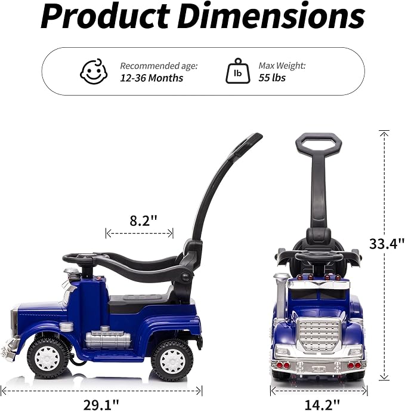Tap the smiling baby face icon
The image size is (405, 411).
click(94, 71)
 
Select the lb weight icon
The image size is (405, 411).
click(238, 71)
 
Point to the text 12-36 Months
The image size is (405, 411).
click(152, 78)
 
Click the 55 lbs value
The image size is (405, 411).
click(272, 78)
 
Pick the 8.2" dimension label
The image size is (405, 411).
click(143, 220)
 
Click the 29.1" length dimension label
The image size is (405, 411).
click(101, 404)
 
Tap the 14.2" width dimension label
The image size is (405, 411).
click(322, 405)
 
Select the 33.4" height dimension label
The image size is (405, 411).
click(387, 244)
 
